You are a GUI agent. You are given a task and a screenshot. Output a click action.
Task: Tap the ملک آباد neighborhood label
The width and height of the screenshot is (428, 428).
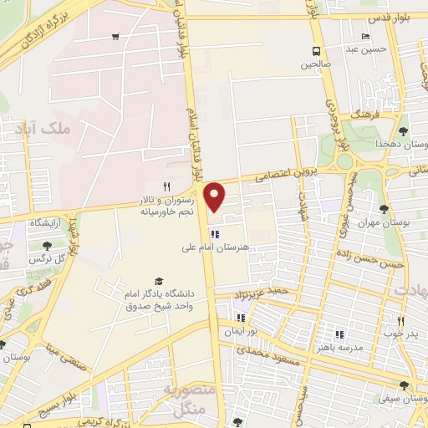38,130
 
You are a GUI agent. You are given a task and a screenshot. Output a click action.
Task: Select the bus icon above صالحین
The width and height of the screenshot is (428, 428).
317,49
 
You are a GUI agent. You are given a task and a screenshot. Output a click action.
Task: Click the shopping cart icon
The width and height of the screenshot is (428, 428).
115,36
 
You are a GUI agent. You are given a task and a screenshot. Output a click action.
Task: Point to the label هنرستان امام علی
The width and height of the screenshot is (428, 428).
214,247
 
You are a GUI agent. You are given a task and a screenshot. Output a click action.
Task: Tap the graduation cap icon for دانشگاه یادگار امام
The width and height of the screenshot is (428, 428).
159,282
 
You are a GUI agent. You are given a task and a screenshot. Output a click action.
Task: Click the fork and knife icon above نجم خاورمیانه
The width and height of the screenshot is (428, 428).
167,186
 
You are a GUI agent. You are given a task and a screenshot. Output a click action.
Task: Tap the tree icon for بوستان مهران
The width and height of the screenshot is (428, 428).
384,209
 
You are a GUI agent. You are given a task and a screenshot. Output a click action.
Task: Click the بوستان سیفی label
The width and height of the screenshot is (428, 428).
404,400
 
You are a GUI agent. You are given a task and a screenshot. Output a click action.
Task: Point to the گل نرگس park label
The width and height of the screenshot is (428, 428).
47,260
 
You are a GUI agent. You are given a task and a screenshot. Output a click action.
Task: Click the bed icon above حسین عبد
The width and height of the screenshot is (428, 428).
364,37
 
